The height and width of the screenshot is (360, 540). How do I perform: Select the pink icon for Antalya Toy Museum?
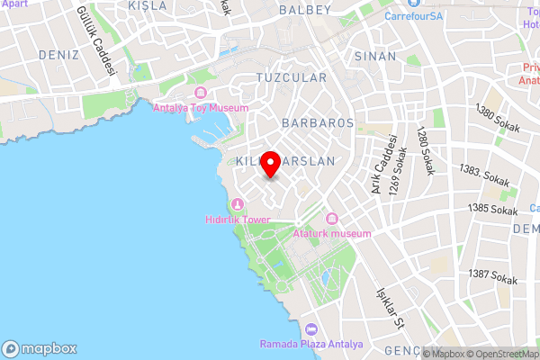coord(200,94)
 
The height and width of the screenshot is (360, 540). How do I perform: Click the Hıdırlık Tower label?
coord(238,219)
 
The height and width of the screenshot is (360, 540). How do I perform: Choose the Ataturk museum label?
coord(331,234)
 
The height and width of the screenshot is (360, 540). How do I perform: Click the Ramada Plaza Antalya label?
coord(311,345)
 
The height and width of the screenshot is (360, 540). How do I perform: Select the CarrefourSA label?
coord(414,15)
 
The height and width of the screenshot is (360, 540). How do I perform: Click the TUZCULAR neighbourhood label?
coord(292,78)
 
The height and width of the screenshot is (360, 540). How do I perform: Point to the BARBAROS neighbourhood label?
coord(318,121)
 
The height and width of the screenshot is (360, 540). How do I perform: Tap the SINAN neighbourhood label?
coord(375,56)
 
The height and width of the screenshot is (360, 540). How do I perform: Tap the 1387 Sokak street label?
coord(494,274)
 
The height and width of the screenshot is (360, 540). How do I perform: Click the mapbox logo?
coord(40,348)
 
